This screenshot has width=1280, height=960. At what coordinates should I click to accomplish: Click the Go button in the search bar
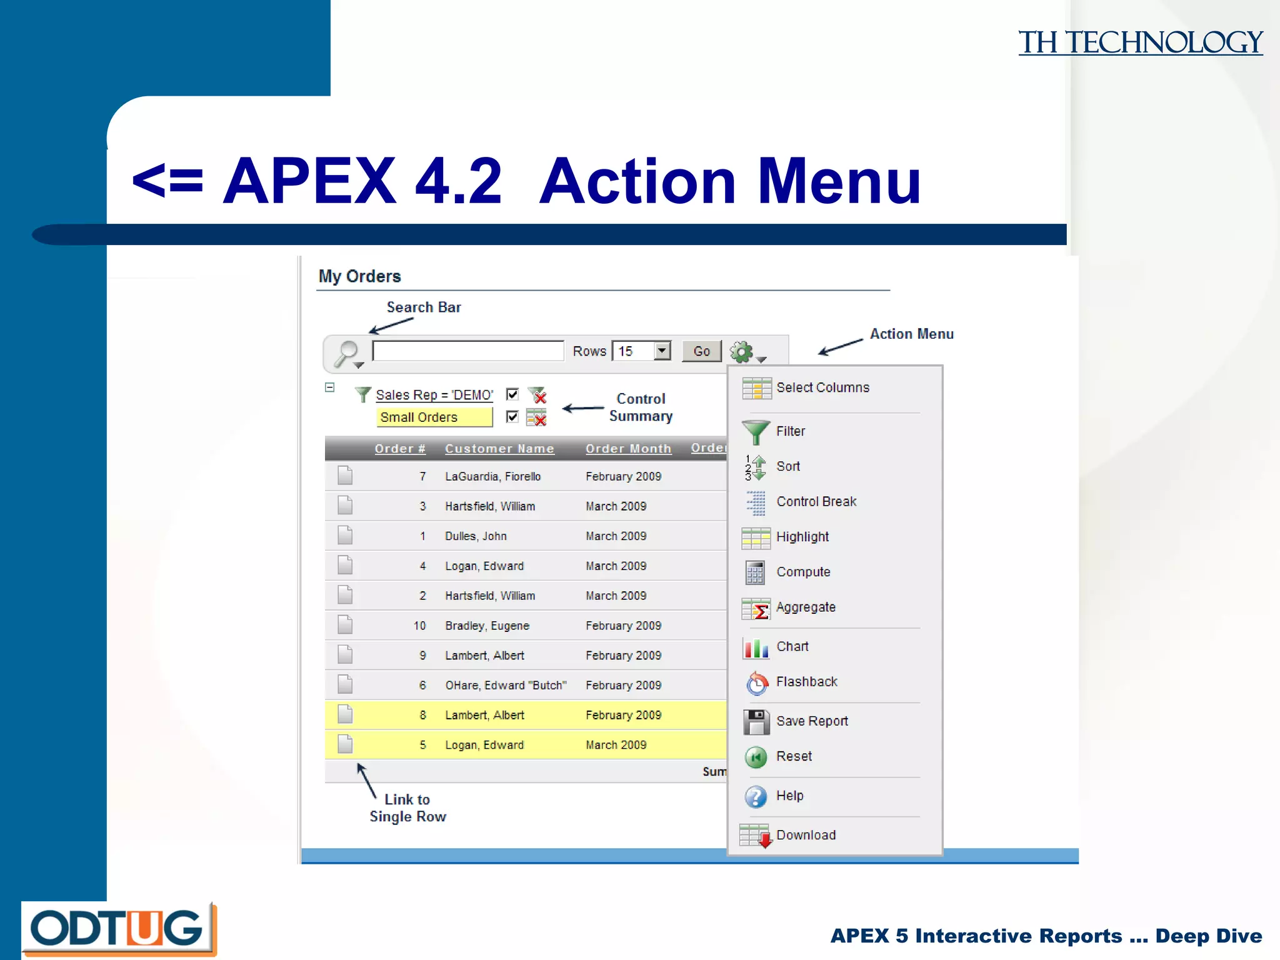[701, 351]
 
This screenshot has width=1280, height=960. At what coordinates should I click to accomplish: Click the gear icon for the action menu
[742, 352]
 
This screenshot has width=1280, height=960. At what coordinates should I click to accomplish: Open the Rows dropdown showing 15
[662, 351]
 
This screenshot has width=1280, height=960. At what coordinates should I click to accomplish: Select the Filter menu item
[790, 431]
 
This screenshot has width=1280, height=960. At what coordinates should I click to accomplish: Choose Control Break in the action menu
[816, 502]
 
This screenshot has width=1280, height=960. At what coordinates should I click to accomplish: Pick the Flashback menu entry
[806, 682]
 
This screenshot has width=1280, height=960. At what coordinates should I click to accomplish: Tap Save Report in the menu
[811, 721]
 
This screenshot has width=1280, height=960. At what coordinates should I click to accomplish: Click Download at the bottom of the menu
[806, 836]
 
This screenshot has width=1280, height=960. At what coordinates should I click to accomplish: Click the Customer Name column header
[499, 449]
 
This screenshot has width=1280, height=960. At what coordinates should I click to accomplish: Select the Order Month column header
[628, 449]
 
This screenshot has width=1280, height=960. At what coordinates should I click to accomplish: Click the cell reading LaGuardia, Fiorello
[492, 477]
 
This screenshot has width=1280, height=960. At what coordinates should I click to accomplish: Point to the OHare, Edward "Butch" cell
[506, 686]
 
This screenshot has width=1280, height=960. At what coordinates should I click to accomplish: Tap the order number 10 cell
[419, 626]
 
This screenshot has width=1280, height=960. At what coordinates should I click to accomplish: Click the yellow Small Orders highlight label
[434, 417]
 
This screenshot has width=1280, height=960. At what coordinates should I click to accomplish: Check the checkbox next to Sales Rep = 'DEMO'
[512, 394]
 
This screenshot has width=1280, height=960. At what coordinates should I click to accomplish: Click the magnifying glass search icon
[346, 353]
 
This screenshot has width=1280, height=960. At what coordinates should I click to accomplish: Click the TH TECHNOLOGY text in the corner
[1140, 43]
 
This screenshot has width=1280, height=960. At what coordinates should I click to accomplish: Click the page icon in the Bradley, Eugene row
[345, 625]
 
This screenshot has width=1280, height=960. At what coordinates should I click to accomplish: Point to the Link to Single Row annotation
[407, 808]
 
